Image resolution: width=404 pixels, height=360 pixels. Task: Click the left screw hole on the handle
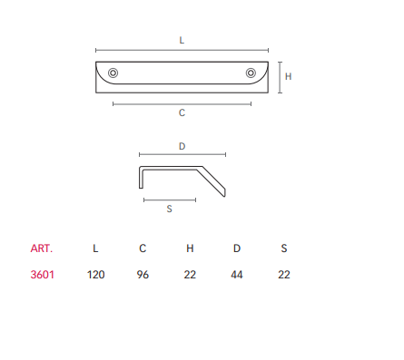tap(113, 73)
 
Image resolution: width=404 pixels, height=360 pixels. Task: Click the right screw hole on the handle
tap(251, 73)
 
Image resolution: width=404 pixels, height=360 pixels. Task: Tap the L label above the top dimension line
tap(182, 40)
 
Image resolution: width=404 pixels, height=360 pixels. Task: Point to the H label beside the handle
tap(288, 76)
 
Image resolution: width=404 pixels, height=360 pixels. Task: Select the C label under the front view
tap(182, 112)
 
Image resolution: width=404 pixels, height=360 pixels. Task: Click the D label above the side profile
tap(182, 146)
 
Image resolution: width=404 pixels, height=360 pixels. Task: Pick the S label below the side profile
tap(169, 209)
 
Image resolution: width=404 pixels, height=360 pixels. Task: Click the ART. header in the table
tap(42, 248)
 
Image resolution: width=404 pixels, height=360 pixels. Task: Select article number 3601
tap(43, 275)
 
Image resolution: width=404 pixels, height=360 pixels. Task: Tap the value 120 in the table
tap(95, 275)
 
